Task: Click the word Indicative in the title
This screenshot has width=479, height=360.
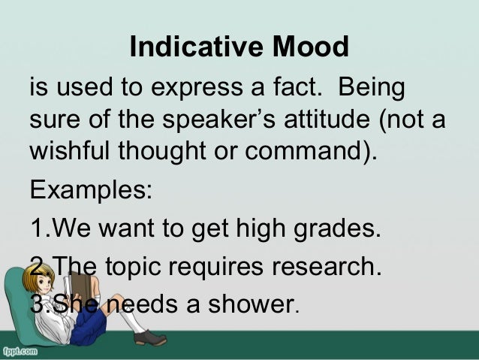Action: pyautogui.click(x=193, y=47)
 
